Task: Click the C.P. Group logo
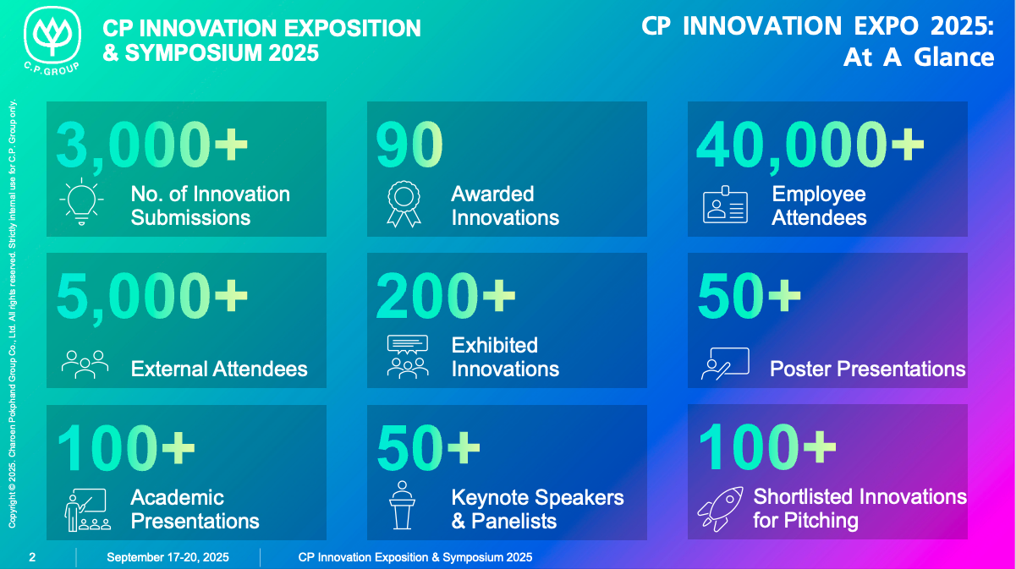pos(52,41)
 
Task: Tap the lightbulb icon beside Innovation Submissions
pos(82,202)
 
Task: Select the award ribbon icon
pos(404,204)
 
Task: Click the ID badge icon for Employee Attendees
pos(725,205)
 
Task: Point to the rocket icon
pos(721,509)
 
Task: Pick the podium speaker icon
pos(402,505)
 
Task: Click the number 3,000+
pos(152,146)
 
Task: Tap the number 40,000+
pos(810,146)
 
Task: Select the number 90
pos(409,145)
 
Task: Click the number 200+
pos(446,296)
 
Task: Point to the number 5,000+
pos(152,298)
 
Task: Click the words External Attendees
pos(219,369)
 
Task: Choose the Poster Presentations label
pos(868,369)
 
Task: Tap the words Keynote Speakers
pos(537,497)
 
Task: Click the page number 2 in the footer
pos(32,557)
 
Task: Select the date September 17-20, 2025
pos(168,557)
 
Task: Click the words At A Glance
pos(919,57)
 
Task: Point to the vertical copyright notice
pos(12,314)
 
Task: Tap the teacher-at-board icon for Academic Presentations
pos(87,510)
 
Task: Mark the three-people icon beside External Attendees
pos(85,364)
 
